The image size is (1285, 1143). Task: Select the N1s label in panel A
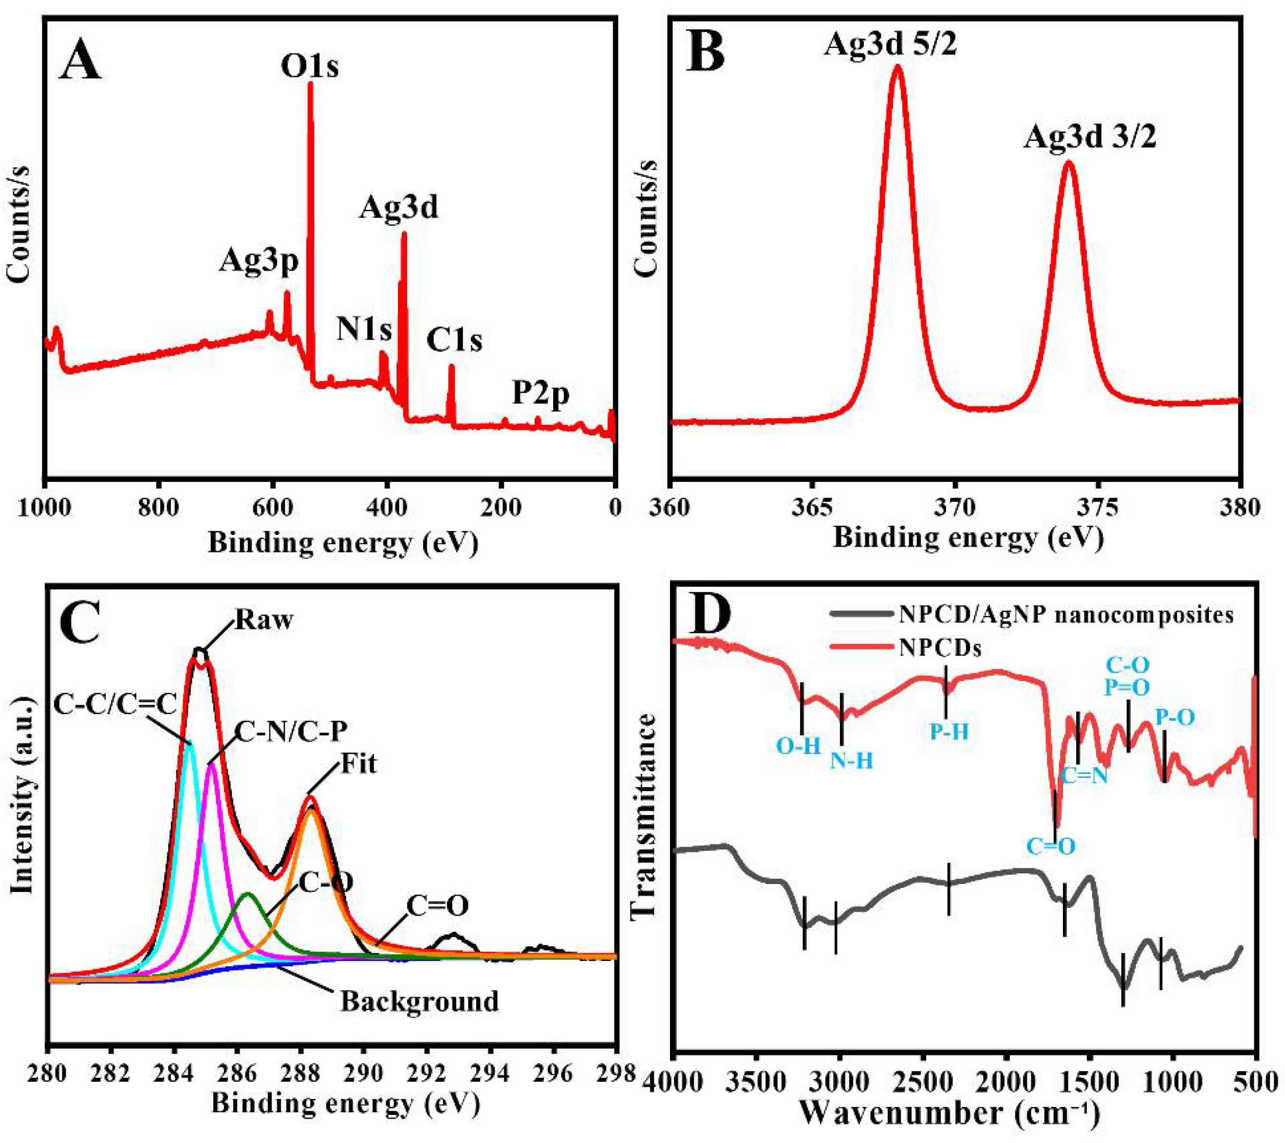364,329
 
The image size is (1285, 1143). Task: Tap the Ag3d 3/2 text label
1089,137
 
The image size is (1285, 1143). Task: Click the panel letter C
80,623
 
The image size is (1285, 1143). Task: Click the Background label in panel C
419,1001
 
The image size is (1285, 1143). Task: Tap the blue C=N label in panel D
1084,776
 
